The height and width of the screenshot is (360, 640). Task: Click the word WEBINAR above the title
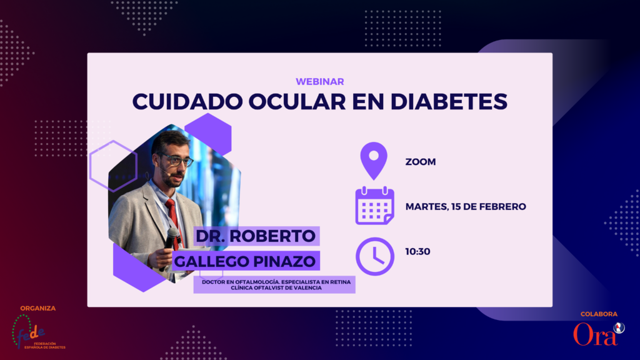[319, 82]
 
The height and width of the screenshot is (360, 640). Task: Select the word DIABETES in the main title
[449, 102]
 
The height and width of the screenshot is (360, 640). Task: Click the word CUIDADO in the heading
[187, 102]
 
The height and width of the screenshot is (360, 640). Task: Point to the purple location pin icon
[374, 161]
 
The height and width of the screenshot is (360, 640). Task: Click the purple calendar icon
[375, 206]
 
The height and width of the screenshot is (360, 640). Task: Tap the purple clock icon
[375, 256]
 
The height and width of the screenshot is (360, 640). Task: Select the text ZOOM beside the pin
[421, 162]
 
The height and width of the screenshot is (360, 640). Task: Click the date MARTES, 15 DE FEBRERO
[466, 207]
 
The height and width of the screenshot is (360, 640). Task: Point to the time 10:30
[417, 252]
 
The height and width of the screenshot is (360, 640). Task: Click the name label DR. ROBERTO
[256, 236]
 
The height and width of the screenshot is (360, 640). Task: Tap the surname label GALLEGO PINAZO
[245, 261]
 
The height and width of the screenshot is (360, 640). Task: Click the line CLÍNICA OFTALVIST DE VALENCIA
[276, 287]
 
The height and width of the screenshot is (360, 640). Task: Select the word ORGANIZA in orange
[38, 309]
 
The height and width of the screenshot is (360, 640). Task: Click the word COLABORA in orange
[599, 314]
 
